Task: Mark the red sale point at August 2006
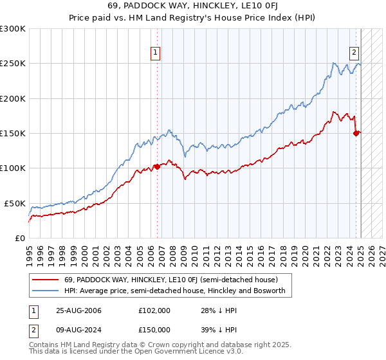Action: [x=156, y=166]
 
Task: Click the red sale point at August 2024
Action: [x=355, y=133]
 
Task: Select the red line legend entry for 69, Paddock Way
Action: [x=161, y=280]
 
